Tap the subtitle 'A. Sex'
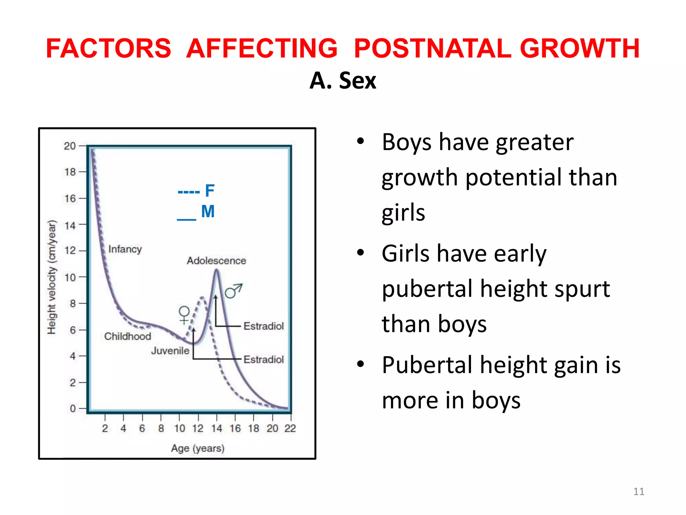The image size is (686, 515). click(343, 81)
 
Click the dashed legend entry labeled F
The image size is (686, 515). click(196, 191)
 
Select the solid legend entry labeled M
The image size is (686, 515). click(196, 212)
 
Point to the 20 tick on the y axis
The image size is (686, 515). click(70, 146)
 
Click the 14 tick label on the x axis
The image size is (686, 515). click(216, 428)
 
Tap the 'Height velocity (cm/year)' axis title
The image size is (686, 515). click(52, 277)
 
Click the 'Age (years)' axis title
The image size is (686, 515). click(198, 448)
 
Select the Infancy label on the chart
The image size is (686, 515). click(125, 249)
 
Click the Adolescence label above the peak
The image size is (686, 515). click(216, 261)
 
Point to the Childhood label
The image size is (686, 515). click(128, 336)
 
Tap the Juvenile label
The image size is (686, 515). click(170, 351)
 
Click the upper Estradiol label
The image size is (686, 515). click(263, 326)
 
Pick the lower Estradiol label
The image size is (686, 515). click(263, 359)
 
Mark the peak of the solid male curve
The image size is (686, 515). click(216, 271)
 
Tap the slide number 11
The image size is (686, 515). click(638, 492)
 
